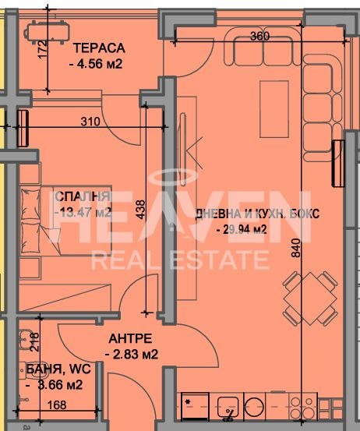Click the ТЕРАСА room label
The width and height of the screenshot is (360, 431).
point(99,48)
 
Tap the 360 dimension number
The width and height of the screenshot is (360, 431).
point(259,36)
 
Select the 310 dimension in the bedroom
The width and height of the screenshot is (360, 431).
point(90,122)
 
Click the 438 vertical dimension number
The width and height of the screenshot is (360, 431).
point(141,210)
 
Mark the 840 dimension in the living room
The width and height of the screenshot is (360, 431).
point(296,248)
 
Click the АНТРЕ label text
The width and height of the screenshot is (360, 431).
point(130,338)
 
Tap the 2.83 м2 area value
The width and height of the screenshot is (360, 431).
point(132,354)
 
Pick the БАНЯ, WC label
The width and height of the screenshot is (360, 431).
point(58,369)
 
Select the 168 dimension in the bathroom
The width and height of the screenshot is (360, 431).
point(57,405)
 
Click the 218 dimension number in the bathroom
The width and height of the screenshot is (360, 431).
point(35,342)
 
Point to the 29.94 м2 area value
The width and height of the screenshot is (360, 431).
point(242,229)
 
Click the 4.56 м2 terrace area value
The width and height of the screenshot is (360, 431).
point(96,65)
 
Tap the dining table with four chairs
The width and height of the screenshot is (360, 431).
point(310,299)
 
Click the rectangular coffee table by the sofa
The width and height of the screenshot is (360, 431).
point(274,109)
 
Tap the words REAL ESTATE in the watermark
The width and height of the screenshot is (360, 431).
point(180,260)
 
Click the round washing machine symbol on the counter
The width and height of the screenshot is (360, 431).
point(254,407)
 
